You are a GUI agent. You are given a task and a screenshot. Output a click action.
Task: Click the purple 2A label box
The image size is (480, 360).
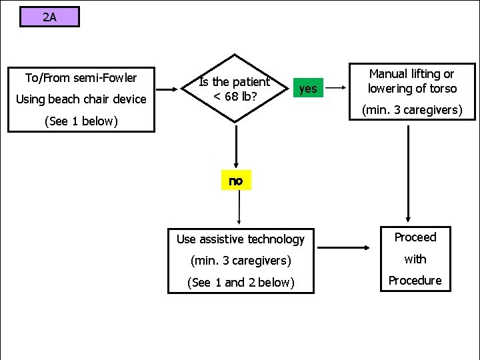coord(49,17)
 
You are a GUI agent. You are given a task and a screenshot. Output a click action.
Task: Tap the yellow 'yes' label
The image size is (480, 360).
coord(307,88)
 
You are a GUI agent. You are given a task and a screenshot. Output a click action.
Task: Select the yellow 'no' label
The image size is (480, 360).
coord(236,181)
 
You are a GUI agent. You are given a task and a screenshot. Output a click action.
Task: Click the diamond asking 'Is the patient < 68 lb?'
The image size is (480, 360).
coord(235,89)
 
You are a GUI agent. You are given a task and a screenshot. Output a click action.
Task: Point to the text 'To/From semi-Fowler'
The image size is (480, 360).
coord(81,78)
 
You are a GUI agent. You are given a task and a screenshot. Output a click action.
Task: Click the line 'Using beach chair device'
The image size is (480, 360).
coord(81,99)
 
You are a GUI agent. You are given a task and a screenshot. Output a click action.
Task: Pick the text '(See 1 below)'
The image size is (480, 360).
coord(81,121)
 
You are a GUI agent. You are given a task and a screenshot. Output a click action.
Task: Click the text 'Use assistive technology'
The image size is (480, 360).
coord(240,239)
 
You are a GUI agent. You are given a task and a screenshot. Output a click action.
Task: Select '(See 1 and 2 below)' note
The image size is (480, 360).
coord(241,282)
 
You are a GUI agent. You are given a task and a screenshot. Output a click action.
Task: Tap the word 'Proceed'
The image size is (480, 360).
coord(415,237)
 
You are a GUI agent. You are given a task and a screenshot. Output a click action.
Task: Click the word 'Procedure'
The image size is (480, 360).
coord(415,281)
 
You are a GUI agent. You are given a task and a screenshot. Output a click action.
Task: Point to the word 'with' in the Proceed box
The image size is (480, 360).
coord(415,259)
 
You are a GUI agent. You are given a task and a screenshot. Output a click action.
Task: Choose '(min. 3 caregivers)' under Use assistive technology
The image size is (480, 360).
coord(241,260)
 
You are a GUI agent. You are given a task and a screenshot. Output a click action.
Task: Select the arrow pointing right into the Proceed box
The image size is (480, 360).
coord(346,247)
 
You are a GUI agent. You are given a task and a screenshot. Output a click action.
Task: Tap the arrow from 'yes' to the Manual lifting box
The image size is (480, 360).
coord(338,88)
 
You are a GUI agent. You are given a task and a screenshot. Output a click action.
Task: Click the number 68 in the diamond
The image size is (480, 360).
coord(231,97)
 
